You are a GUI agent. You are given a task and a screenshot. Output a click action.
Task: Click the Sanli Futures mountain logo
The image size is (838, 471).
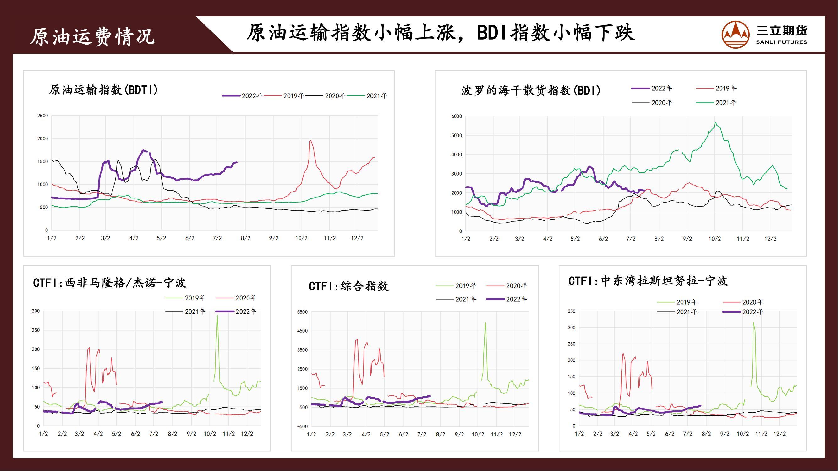(736, 35)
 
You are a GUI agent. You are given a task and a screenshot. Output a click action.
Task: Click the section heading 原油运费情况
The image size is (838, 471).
(92, 36)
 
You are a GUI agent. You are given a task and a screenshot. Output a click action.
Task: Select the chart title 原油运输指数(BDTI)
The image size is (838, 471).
(103, 90)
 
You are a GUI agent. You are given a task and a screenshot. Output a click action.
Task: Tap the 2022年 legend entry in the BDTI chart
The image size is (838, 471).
(242, 96)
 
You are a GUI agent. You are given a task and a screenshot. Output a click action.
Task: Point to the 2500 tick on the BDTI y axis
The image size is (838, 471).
(43, 116)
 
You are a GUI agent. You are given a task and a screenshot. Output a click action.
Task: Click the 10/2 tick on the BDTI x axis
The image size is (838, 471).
(301, 238)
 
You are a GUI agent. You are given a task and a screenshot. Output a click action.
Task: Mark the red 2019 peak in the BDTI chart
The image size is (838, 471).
(310, 140)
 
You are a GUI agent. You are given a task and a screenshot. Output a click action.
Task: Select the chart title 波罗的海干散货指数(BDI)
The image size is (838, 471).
(531, 91)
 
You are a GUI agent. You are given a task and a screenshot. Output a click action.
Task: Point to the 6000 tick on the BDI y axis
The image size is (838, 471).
(457, 116)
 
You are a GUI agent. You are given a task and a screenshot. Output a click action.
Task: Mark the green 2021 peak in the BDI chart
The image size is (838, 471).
(715, 123)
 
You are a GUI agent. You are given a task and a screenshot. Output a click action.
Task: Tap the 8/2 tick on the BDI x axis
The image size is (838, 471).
(659, 239)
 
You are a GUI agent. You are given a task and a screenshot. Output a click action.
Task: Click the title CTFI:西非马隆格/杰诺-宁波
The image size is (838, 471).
(110, 283)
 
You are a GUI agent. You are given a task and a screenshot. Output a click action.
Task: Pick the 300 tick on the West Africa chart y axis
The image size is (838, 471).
(36, 311)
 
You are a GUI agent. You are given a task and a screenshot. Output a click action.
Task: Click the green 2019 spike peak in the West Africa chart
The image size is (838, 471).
(217, 316)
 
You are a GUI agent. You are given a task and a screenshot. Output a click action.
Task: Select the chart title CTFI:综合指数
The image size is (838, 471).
(348, 286)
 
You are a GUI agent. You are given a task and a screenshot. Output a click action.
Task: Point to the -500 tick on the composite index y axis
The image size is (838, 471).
(302, 426)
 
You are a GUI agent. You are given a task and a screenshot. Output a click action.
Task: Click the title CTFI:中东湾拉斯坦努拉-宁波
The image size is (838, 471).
(648, 281)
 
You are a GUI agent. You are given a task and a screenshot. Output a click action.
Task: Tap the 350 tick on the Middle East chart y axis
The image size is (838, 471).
(572, 311)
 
